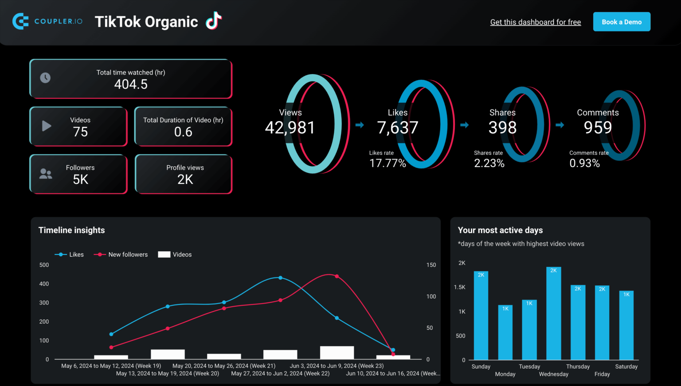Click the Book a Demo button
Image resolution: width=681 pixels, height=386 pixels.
[x=622, y=22]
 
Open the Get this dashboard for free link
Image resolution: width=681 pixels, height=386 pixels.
[x=535, y=22]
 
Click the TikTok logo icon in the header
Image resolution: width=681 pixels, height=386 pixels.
[x=213, y=21]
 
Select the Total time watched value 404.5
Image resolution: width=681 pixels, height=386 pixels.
[x=131, y=84]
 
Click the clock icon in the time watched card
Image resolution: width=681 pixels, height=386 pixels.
[x=45, y=78]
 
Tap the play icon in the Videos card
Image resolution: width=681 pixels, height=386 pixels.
[x=46, y=126]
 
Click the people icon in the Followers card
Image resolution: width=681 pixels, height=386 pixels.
[x=46, y=174]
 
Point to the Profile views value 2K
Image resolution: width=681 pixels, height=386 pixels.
[x=185, y=179]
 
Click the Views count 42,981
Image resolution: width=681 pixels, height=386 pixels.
[x=290, y=128]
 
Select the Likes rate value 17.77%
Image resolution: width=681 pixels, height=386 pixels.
[x=387, y=163]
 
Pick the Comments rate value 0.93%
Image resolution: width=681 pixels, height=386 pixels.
[x=584, y=163]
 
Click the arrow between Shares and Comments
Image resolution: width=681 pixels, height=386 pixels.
[x=560, y=125]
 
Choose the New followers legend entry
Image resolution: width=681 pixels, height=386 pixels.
[x=121, y=254]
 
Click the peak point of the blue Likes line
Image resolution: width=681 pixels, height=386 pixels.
[x=280, y=278]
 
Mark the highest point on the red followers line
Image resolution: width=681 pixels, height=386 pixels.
[x=337, y=276]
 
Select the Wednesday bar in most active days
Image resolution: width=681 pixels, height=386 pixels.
[x=553, y=313]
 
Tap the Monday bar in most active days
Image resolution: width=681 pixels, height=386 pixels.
[x=505, y=332]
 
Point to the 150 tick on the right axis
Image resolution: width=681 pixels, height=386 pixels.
[x=431, y=265]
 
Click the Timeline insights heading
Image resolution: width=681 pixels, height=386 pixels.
[x=72, y=230]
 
